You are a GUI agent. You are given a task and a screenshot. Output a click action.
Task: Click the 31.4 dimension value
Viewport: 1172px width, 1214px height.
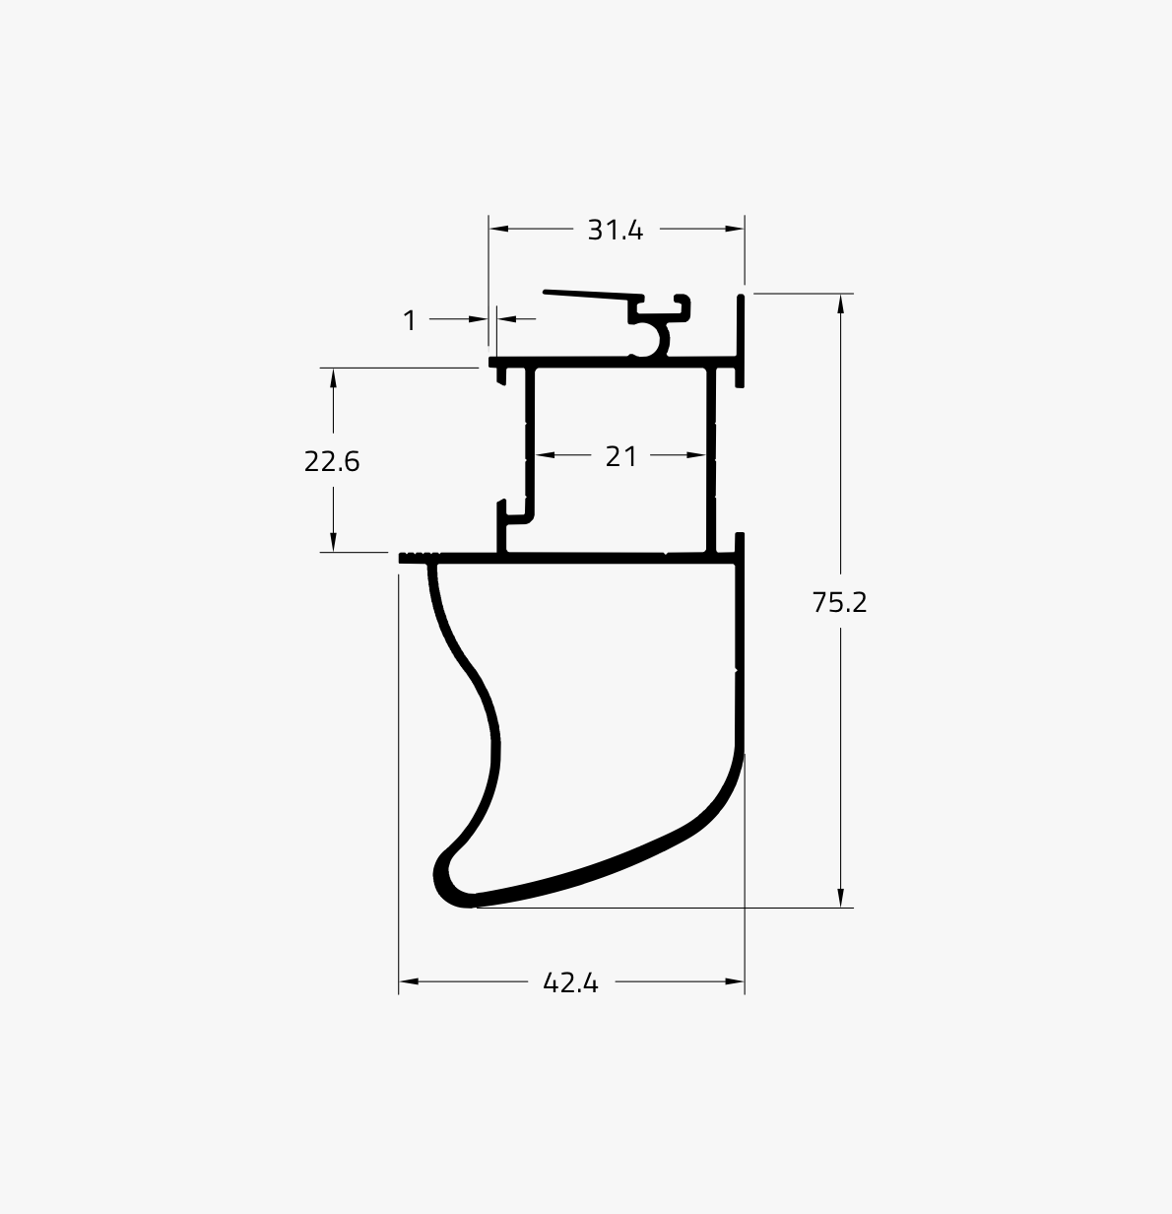615,231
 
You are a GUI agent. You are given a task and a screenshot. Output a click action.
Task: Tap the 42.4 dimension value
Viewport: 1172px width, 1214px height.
570,983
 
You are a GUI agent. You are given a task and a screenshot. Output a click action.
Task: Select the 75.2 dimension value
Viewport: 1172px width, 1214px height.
839,603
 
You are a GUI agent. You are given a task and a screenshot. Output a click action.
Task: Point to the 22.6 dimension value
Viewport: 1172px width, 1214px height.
332,461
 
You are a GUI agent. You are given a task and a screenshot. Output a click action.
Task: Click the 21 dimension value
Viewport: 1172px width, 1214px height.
620,456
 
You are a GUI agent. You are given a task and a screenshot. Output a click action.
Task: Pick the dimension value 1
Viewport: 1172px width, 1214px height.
409,320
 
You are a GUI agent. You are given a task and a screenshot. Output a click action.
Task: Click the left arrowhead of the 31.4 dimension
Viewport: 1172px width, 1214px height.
498,229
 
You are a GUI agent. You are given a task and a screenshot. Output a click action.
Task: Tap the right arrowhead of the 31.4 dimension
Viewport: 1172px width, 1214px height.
735,229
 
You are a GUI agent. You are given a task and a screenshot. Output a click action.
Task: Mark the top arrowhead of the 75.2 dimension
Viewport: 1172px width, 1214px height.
840,303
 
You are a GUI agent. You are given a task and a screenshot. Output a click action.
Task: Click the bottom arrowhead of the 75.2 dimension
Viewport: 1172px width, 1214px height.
840,897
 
